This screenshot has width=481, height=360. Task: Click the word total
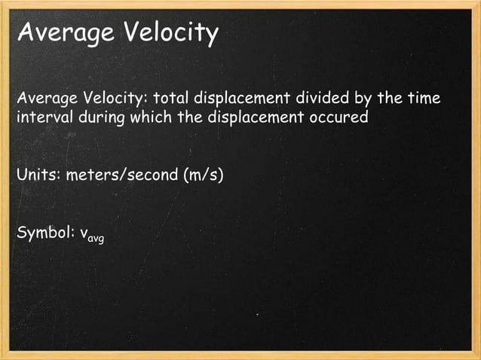click(172, 99)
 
